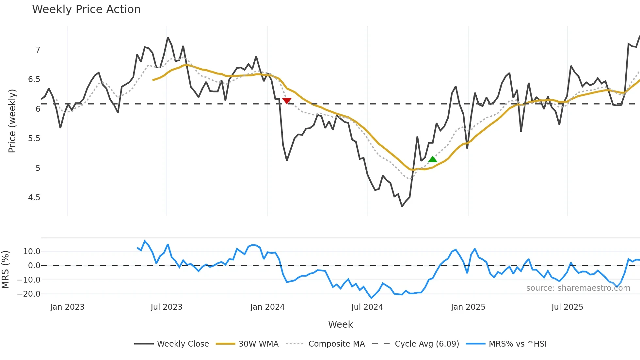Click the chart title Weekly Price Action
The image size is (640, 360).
coord(86,9)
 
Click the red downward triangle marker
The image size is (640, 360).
coord(287,101)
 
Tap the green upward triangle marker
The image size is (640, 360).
coord(433,159)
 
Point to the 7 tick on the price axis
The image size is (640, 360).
coord(38,50)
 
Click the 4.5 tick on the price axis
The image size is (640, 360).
coord(34,198)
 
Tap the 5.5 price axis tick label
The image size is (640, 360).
coord(34,139)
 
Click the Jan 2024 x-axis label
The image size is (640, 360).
coord(267,307)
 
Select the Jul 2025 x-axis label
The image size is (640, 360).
coord(567,307)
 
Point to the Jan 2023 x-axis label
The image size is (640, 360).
coord(67,307)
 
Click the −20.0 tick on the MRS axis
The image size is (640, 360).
coord(29,294)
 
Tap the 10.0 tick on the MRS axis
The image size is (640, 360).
coord(32,252)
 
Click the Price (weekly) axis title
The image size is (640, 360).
coord(12,121)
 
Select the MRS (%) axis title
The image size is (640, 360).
coord(5,270)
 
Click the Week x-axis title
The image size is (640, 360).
coord(340,324)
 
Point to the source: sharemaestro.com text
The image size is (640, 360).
coord(578,288)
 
